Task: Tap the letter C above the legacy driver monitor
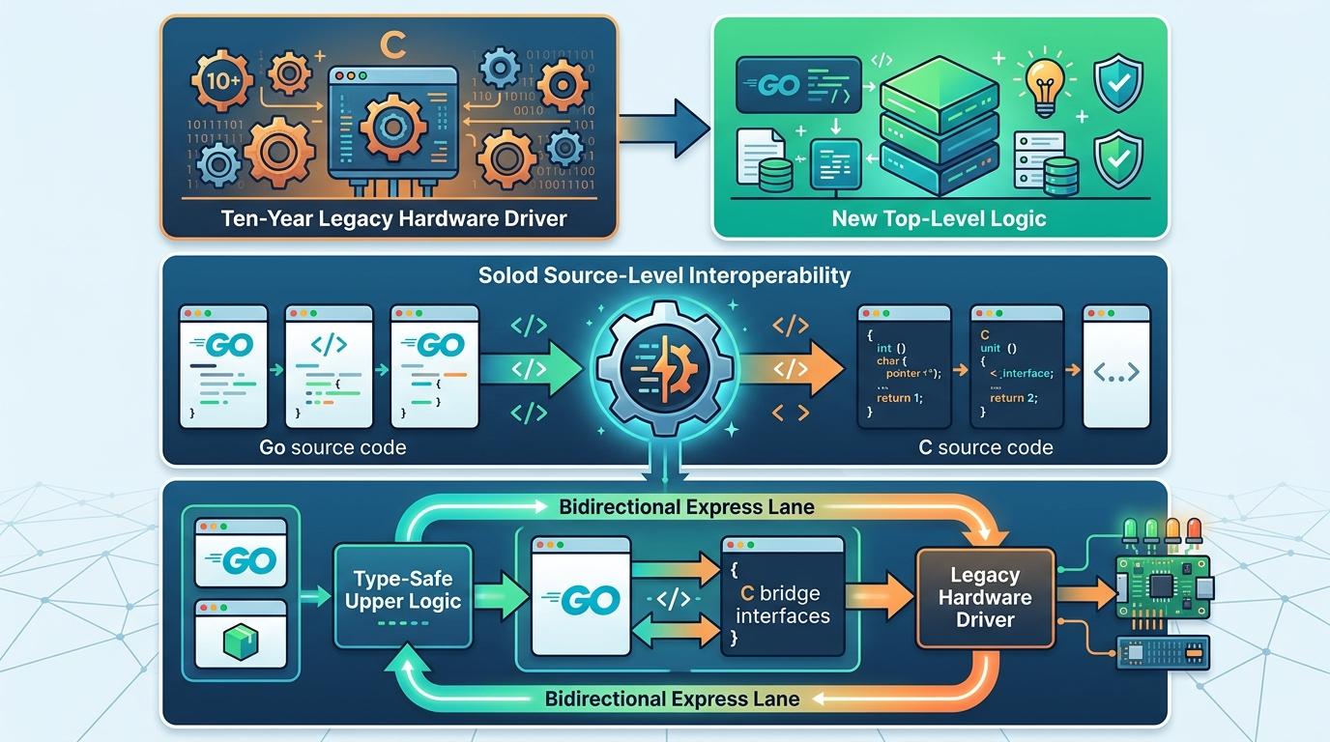point(392,44)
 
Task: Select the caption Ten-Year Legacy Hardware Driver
point(393,217)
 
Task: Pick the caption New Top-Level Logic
point(939,218)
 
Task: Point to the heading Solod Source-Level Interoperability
point(665,275)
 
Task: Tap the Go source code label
point(332,447)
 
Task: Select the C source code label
point(985,447)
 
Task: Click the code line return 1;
point(900,397)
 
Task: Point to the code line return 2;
point(1013,397)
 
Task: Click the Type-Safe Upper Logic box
point(401,590)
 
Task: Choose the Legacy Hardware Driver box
point(985,597)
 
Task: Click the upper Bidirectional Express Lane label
point(686,506)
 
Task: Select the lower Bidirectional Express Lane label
point(672,698)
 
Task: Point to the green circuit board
point(1163,585)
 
